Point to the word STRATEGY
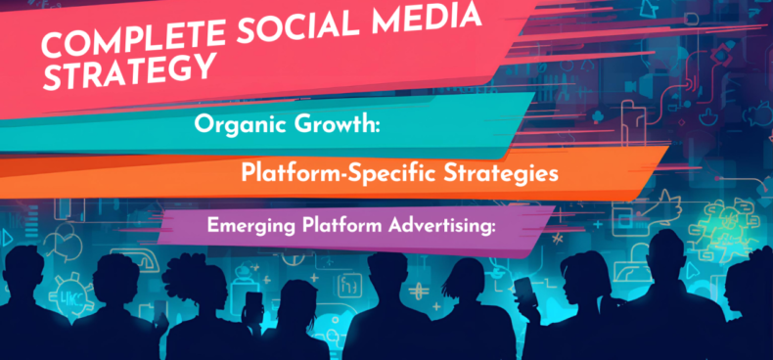(128, 72)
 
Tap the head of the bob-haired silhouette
(464, 277)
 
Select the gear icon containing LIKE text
(69, 296)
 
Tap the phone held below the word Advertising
(523, 289)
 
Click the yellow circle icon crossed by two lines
(418, 290)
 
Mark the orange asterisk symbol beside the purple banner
(558, 240)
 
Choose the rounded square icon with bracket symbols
(349, 286)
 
